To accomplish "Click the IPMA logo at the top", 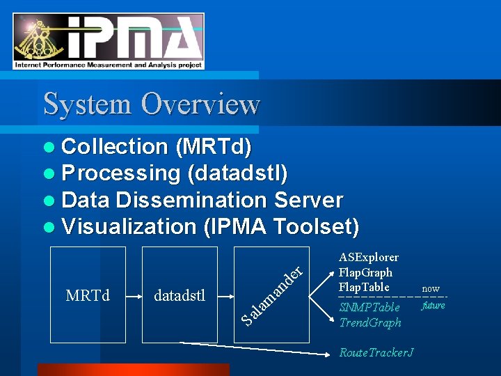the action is point(109,41).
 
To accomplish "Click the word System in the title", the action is point(87,104).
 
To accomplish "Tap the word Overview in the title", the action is point(200,104).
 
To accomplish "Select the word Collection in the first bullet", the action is point(115,147).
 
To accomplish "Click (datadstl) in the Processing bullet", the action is point(237,173).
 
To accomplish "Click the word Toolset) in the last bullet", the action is point(317,227).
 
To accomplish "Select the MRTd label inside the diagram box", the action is point(88,295).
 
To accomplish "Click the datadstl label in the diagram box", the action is point(180,295).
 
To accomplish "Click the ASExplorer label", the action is point(369,258).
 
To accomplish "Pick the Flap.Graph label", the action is point(365,272).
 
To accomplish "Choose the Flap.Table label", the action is point(364,287).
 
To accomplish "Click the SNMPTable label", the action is point(369,307).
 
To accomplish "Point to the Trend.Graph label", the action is point(370,322).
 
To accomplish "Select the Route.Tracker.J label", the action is point(376,352).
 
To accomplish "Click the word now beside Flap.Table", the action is point(431,288).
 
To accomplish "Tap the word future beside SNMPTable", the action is point(433,305).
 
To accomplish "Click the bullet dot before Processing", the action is point(47,173).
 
